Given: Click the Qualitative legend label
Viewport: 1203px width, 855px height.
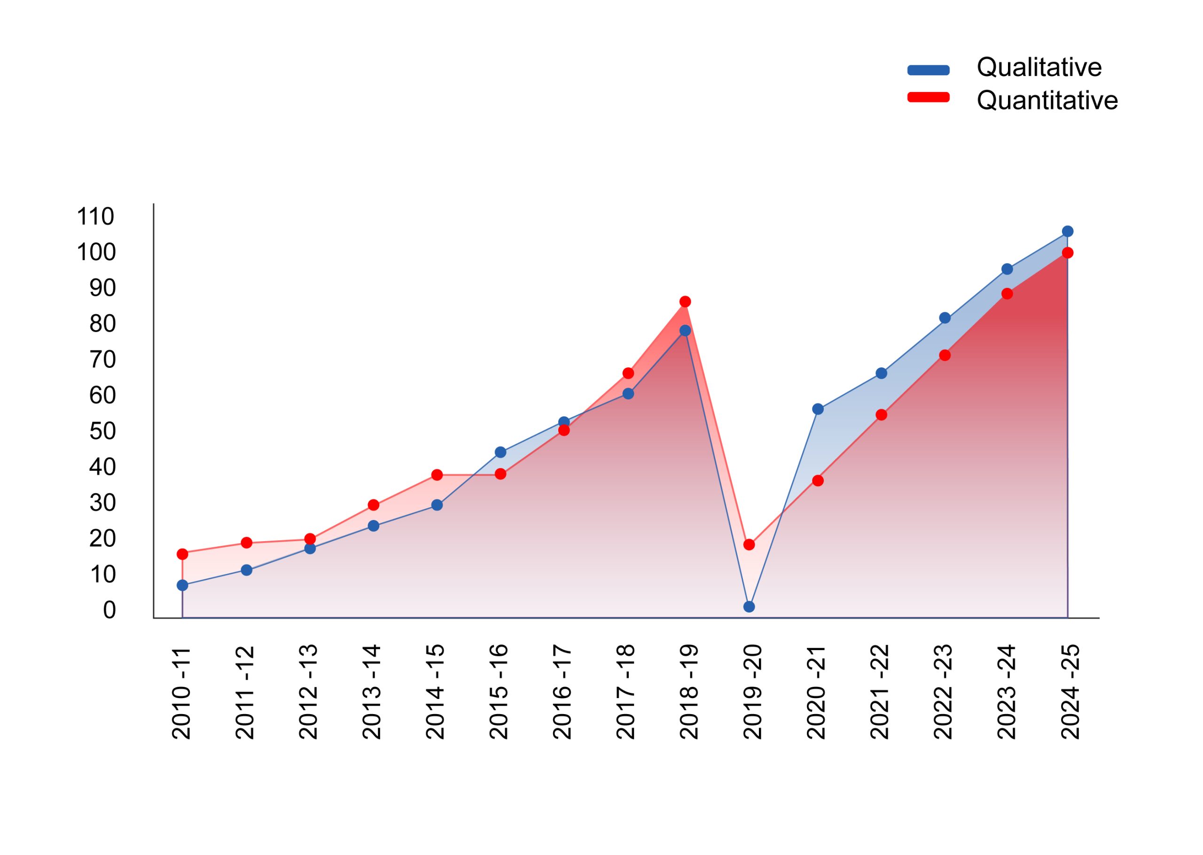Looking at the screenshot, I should click(x=1039, y=67).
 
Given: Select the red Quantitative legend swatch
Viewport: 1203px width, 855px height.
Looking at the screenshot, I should click(x=928, y=97).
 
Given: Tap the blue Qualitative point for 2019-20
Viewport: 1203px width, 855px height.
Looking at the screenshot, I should click(x=749, y=606).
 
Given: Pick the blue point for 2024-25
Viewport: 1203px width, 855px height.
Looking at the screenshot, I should click(x=1068, y=232).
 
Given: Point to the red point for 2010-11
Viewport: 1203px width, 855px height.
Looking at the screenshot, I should click(x=183, y=554).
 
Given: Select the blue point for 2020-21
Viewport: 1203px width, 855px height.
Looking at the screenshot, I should click(x=818, y=409).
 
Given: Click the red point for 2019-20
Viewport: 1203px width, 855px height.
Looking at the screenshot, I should click(x=749, y=544).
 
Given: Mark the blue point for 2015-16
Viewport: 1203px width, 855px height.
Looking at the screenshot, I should click(x=500, y=452).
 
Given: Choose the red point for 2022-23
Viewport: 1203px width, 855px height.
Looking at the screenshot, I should click(x=945, y=355).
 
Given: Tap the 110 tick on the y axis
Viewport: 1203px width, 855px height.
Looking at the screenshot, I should click(x=95, y=217).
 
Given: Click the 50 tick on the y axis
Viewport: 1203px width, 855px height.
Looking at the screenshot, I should click(x=102, y=431).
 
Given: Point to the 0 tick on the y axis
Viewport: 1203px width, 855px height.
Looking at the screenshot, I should click(x=109, y=610).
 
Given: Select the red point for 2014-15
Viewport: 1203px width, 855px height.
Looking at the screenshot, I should click(x=437, y=475).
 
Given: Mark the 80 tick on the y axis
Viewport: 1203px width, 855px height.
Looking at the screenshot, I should click(x=102, y=324).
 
